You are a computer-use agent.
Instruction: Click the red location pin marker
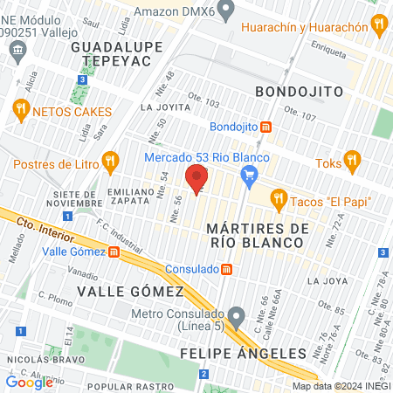pyautogui.click(x=197, y=177)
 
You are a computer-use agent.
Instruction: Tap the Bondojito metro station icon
pyautogui.click(x=265, y=126)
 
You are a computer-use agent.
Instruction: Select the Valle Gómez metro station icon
pyautogui.click(x=114, y=253)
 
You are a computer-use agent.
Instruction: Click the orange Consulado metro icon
pyautogui.click(x=226, y=268)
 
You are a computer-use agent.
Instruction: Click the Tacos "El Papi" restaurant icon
pyautogui.click(x=279, y=198)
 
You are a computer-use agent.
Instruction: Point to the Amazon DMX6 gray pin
pyautogui.click(x=226, y=12)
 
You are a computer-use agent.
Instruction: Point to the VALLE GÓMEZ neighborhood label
pyautogui.click(x=130, y=291)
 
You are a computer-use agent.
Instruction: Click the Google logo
pyautogui.click(x=29, y=382)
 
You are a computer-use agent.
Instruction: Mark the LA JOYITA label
pyautogui.click(x=167, y=107)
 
